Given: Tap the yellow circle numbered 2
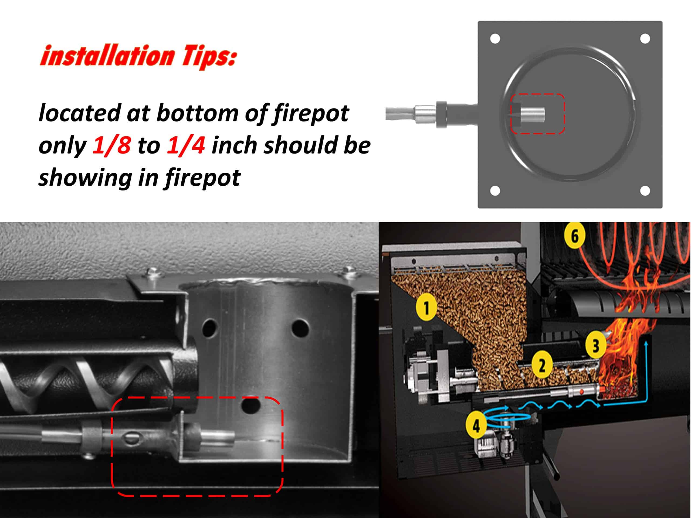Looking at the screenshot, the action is pyautogui.click(x=542, y=364).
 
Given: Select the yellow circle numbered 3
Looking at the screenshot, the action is pyautogui.click(x=596, y=345).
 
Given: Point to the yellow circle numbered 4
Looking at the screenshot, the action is pyautogui.click(x=476, y=425).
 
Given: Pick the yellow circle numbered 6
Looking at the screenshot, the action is pyautogui.click(x=575, y=236).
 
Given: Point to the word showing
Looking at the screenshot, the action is pyautogui.click(x=85, y=178).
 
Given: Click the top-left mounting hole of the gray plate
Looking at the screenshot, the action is pyautogui.click(x=495, y=39).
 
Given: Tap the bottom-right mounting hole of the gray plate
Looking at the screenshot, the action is pyautogui.click(x=645, y=190).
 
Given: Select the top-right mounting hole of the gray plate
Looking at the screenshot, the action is pyautogui.click(x=645, y=39).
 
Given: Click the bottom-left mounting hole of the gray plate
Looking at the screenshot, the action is pyautogui.click(x=495, y=190).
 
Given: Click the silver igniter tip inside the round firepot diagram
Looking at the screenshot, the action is pyautogui.click(x=532, y=115).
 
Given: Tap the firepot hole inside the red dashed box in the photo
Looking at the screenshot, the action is pyautogui.click(x=251, y=405).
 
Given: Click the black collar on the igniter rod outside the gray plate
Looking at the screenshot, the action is pyautogui.click(x=441, y=114).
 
